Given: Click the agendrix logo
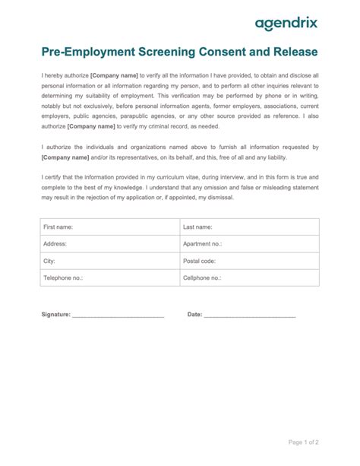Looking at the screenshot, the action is point(286,24).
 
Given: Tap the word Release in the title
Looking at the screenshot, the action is point(292,52).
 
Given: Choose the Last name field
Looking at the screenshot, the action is point(248,227).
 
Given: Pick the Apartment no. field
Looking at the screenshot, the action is point(248,244).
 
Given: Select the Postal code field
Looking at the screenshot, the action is point(248,261).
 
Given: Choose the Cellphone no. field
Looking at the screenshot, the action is point(248,278).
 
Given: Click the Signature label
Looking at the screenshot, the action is point(55,314).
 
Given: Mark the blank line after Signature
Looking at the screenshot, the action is point(118,315).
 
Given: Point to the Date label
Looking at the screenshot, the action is point(194,314).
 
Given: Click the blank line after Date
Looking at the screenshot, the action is point(250,315).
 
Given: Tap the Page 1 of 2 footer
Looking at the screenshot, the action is point(304,442).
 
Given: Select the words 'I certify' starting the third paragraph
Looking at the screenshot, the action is point(52,176).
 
